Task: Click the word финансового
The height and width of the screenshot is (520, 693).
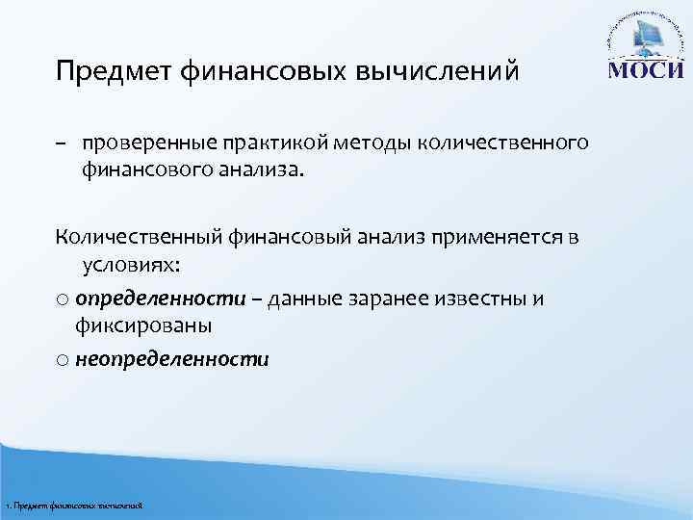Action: coord(141,171)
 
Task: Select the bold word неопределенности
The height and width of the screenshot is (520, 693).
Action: coord(172,359)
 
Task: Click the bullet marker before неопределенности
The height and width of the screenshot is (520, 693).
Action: coord(61,361)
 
